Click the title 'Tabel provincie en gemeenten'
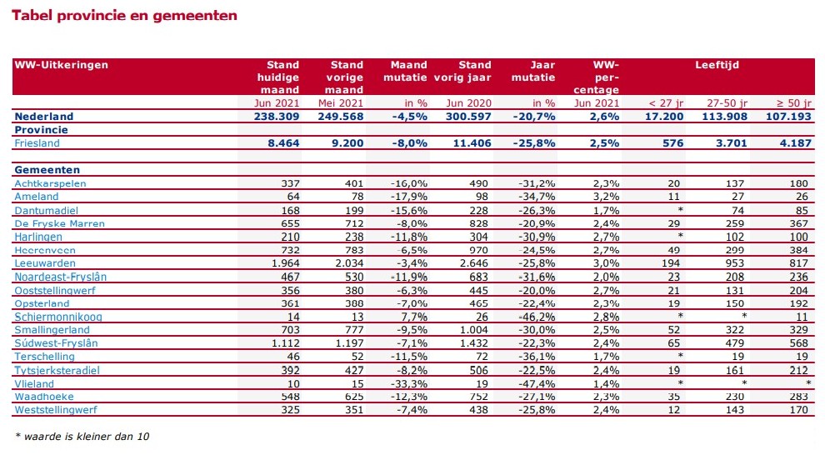pos(125,15)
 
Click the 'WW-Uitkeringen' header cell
pos(61,64)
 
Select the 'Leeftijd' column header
pos(717,64)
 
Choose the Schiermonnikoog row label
pos(57,317)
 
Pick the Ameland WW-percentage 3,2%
pos(606,197)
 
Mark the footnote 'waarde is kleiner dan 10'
pos(82,435)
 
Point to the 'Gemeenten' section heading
pos(41,170)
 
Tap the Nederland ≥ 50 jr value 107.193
pos(787,117)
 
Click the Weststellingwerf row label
pos(56,410)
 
